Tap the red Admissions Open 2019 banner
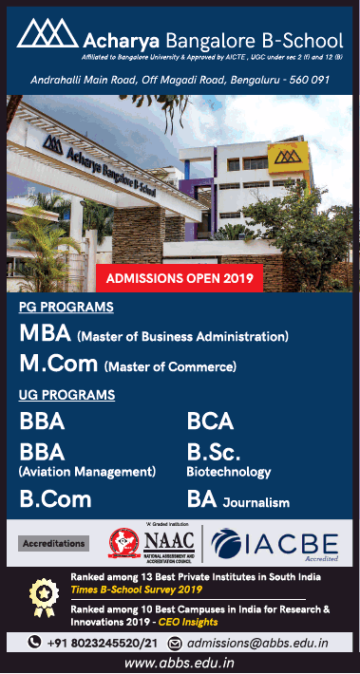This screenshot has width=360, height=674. [179, 278]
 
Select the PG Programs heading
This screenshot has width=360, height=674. [66, 307]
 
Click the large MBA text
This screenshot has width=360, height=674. [45, 334]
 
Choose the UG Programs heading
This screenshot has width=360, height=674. [66, 394]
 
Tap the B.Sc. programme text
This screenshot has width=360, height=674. [214, 451]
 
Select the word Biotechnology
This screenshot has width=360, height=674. [228, 471]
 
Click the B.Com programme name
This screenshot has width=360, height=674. [55, 499]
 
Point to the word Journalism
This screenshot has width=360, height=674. [256, 502]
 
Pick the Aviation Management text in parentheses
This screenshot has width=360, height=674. [86, 471]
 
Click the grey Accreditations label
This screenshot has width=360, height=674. [53, 544]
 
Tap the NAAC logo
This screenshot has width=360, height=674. [152, 543]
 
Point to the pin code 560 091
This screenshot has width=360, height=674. [305, 80]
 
